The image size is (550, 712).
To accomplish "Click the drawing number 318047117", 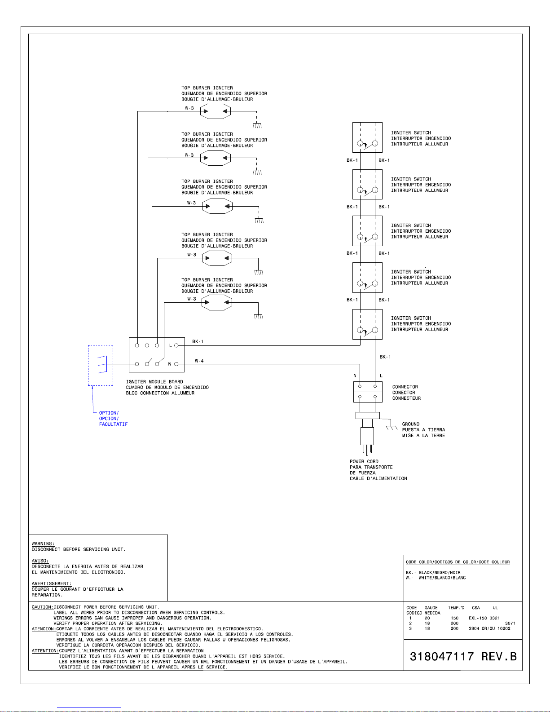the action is coord(442,657).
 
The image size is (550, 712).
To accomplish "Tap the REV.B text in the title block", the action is coord(499,657).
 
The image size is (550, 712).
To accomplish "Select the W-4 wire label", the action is coord(199,361).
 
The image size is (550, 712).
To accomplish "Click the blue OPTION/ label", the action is coord(109,413).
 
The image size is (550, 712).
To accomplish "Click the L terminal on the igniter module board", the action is coord(176,345).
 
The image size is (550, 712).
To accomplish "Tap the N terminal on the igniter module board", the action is coord(176,364).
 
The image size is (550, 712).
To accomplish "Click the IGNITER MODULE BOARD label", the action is coord(154,382).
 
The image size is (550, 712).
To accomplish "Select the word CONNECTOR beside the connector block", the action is coord(405,387).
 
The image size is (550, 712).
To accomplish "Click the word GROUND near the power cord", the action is coord(410,424).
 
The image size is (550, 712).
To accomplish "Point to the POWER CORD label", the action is coord(364,461).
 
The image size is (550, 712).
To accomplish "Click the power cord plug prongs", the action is coord(367,450).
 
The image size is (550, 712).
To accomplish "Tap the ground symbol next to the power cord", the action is coord(392,427).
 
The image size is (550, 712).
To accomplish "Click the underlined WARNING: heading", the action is coord(43,544).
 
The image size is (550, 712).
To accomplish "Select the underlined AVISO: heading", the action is coord(40,561).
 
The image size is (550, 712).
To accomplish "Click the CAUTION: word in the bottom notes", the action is coord(42,607).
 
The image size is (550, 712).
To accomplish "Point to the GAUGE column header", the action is coord(431,608).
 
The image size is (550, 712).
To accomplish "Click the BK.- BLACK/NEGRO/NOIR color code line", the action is coord(433,572).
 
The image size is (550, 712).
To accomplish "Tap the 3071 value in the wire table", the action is coord(510,623).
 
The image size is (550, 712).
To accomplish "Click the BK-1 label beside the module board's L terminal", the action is coord(198,341).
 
